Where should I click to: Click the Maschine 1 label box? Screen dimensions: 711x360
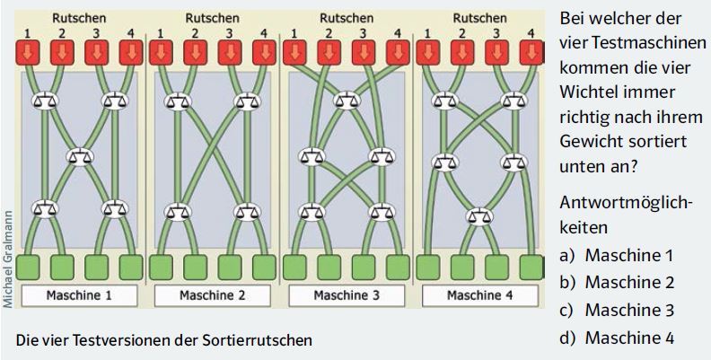pyautogui.click(x=79, y=295)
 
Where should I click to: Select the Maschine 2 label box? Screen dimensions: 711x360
pyautogui.click(x=212, y=295)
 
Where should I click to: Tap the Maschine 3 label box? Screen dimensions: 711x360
pyautogui.click(x=347, y=295)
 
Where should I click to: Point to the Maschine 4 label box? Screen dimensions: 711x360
pyautogui.click(x=480, y=295)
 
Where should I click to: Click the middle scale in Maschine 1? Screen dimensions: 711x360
pyautogui.click(x=80, y=157)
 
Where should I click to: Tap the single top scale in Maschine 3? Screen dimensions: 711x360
pyautogui.click(x=347, y=101)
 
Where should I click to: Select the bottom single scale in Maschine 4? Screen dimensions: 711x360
pyautogui.click(x=479, y=216)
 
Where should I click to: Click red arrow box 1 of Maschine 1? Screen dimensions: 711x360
pyautogui.click(x=27, y=53)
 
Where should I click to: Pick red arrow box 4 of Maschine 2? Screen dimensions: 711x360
pyautogui.click(x=264, y=53)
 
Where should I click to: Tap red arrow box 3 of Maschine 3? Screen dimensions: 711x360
pyautogui.click(x=364, y=53)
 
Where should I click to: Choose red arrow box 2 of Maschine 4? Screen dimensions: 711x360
pyautogui.click(x=462, y=53)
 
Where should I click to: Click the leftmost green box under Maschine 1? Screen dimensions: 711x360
pyautogui.click(x=27, y=268)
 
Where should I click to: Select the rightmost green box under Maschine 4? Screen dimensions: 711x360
pyautogui.click(x=531, y=268)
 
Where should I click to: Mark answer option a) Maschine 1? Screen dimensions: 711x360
pyautogui.click(x=616, y=256)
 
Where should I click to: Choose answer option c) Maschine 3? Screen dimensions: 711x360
pyautogui.click(x=617, y=311)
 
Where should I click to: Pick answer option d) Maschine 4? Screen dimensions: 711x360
pyautogui.click(x=617, y=338)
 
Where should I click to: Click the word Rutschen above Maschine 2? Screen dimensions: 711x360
pyautogui.click(x=212, y=19)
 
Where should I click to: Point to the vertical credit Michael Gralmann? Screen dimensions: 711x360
pyautogui.click(x=8, y=259)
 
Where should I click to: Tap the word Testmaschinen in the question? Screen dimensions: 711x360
pyautogui.click(x=633, y=43)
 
